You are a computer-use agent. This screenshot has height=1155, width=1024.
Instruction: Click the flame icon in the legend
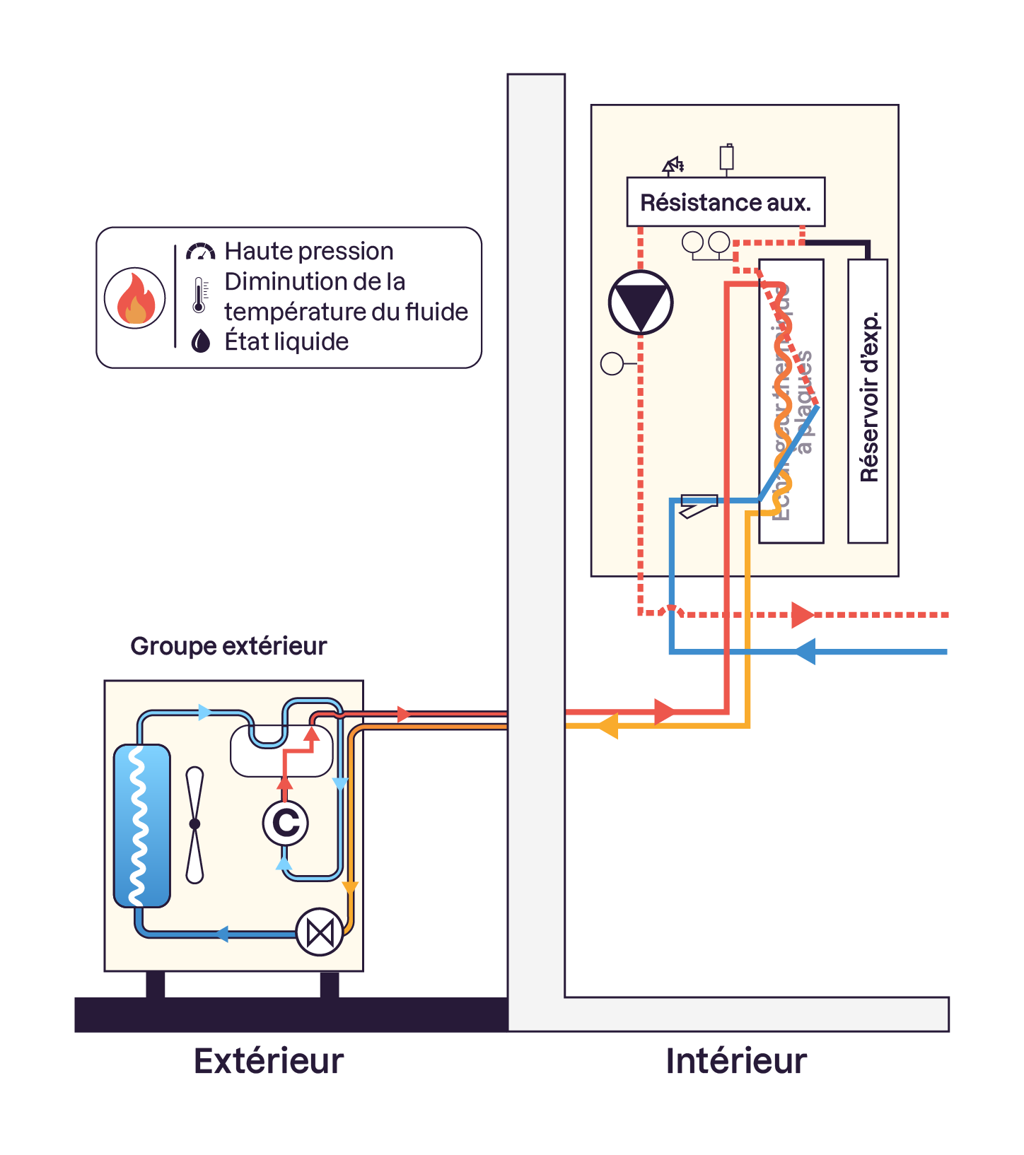(x=135, y=298)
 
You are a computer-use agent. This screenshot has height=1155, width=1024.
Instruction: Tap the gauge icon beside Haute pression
(x=200, y=252)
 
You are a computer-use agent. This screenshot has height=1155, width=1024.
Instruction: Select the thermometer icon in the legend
(x=199, y=295)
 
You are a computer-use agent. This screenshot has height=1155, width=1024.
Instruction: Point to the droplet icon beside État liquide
(x=201, y=341)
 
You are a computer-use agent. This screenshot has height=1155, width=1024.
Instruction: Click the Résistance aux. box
(x=726, y=202)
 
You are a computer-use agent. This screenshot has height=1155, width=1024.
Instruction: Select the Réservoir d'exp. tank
(x=868, y=401)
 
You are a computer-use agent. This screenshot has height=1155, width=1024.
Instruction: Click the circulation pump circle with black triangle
(x=641, y=303)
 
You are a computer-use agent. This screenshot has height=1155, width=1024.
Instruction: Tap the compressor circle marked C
(x=286, y=823)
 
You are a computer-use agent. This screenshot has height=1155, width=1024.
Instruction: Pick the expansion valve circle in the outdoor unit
(x=320, y=932)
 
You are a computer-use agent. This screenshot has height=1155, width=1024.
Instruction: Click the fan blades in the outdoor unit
(x=195, y=824)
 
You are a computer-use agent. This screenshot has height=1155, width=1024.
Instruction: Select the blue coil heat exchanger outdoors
(x=142, y=825)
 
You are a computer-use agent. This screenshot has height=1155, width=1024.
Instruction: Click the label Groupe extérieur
(x=228, y=646)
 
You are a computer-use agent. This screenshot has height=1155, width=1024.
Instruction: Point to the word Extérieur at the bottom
(x=269, y=1061)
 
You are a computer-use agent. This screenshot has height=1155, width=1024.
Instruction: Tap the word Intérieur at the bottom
(x=736, y=1061)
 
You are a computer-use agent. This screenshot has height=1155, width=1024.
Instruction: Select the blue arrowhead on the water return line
(x=805, y=651)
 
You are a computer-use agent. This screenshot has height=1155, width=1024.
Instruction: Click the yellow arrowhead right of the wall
(x=608, y=726)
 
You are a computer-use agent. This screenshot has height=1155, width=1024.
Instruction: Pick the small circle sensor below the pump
(x=612, y=364)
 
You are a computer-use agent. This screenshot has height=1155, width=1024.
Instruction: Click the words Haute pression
(x=309, y=251)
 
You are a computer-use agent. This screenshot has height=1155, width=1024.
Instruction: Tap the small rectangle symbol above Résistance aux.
(x=726, y=157)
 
